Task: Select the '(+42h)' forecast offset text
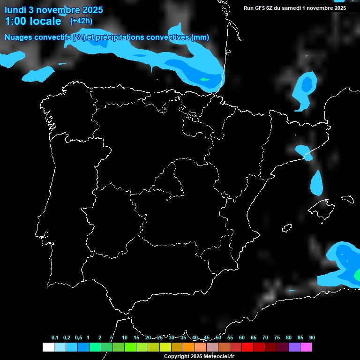[81, 21]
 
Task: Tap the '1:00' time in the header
[15, 21]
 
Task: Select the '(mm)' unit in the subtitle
[200, 37]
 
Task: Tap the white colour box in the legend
[48, 347]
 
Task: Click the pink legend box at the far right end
[306, 347]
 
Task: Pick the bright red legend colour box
[247, 347]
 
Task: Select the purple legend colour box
[294, 347]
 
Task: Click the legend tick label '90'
[312, 338]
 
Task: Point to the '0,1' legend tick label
[55, 338]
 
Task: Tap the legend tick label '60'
[242, 338]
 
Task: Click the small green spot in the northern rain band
[204, 80]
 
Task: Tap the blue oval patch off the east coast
[317, 183]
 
